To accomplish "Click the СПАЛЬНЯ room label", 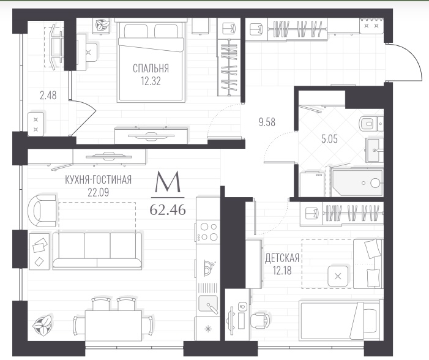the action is (151, 68).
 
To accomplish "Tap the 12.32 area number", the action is (151, 81).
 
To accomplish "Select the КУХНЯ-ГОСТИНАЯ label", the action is (98, 180).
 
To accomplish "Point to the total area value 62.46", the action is (168, 210).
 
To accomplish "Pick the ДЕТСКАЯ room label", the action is (282, 258).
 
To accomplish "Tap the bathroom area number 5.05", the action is (329, 140).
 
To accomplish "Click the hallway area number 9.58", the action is (267, 122).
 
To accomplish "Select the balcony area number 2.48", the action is (48, 96).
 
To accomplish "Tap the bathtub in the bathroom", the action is (357, 182).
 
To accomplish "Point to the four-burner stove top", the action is (208, 231).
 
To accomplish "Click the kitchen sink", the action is (208, 304).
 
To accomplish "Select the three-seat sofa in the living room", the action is (97, 251).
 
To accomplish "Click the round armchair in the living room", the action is (42, 211).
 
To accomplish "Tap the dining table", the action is (113, 326).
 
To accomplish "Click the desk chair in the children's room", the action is (260, 321).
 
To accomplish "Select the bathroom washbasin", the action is (373, 150).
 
